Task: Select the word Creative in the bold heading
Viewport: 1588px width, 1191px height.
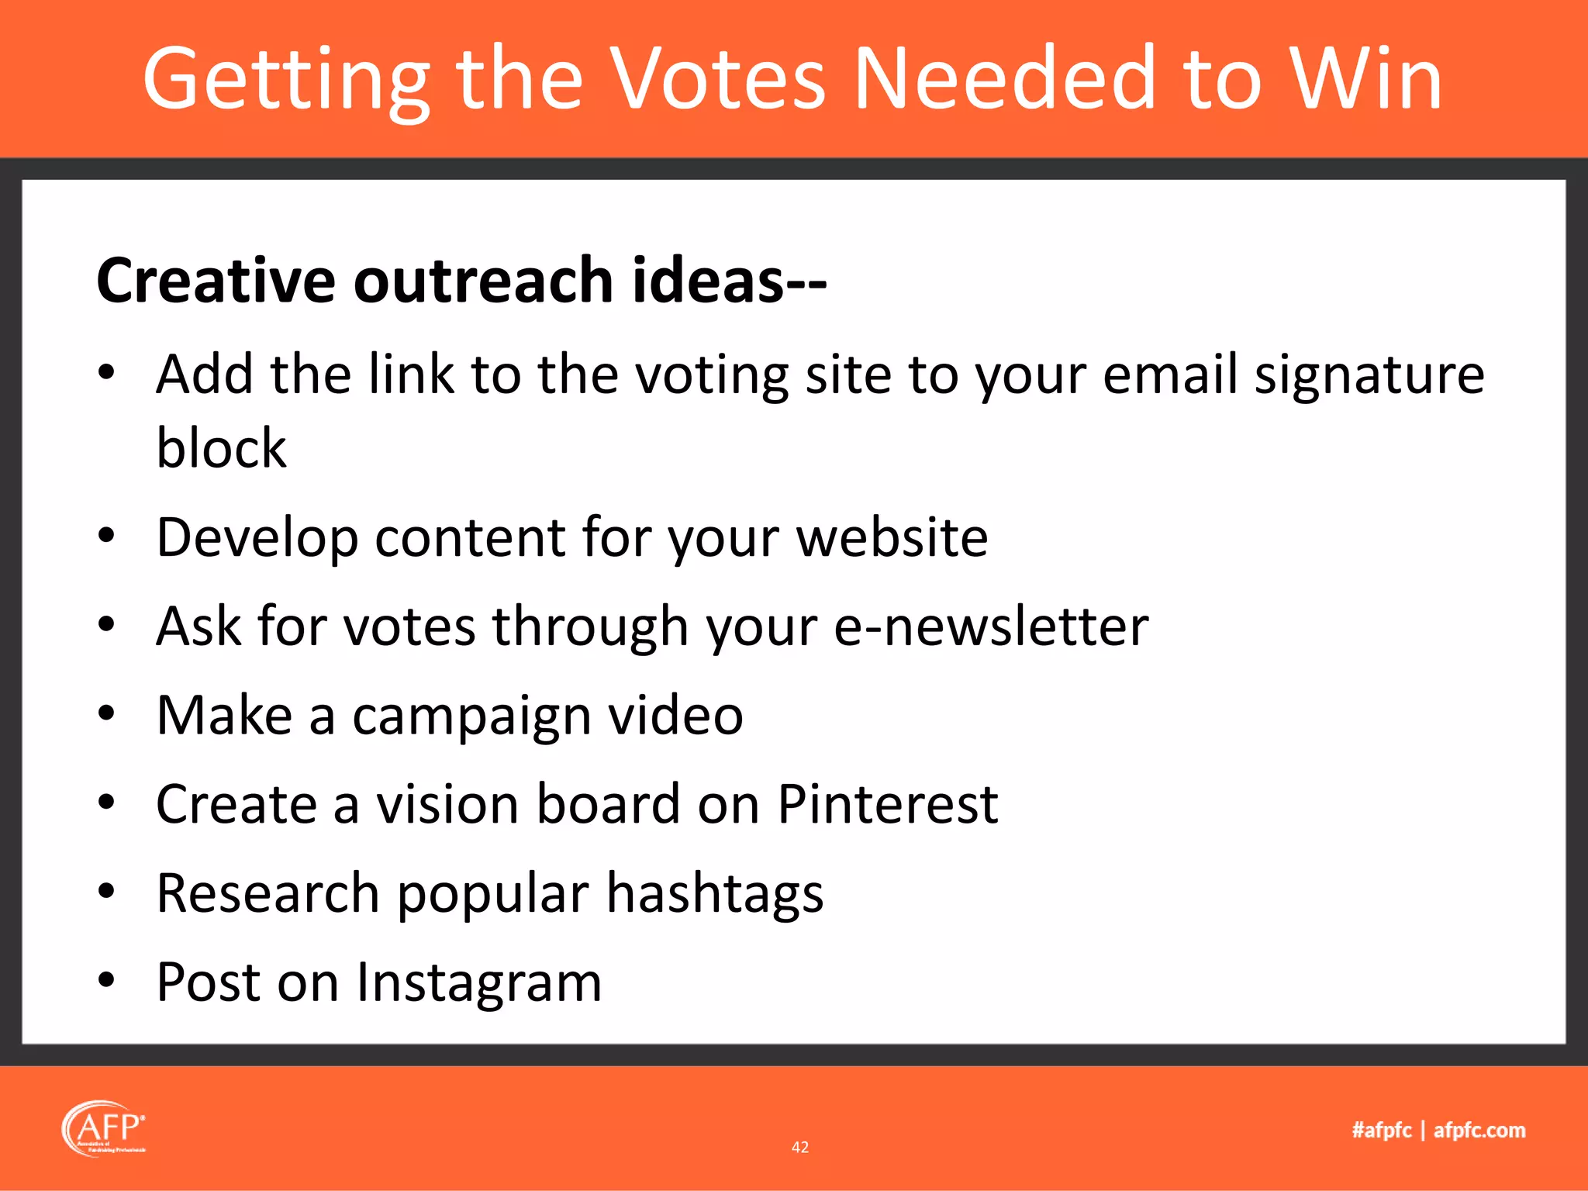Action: click(x=216, y=281)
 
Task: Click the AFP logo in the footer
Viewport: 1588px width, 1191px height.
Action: click(x=104, y=1129)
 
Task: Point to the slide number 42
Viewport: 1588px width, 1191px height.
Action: click(x=800, y=1148)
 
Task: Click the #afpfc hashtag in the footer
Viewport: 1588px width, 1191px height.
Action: click(x=1382, y=1131)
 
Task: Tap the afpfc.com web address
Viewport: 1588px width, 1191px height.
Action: click(x=1479, y=1131)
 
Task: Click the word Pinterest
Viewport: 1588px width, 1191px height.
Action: click(x=887, y=805)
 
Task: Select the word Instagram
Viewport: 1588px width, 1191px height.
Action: click(x=478, y=983)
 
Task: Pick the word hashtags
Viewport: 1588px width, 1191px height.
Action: click(x=714, y=894)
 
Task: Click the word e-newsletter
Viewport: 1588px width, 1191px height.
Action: click(x=991, y=627)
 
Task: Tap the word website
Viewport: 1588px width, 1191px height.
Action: click(x=892, y=537)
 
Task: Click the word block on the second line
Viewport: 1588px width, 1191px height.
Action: click(x=221, y=449)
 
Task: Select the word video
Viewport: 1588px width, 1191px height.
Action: click(x=675, y=716)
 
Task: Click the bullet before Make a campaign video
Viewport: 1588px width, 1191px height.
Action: click(x=106, y=714)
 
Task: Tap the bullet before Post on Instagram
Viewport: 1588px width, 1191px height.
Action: click(x=106, y=981)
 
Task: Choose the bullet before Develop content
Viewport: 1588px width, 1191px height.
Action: click(x=106, y=536)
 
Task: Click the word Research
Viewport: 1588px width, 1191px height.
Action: click(x=268, y=894)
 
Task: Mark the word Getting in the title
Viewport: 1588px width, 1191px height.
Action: click(x=286, y=79)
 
